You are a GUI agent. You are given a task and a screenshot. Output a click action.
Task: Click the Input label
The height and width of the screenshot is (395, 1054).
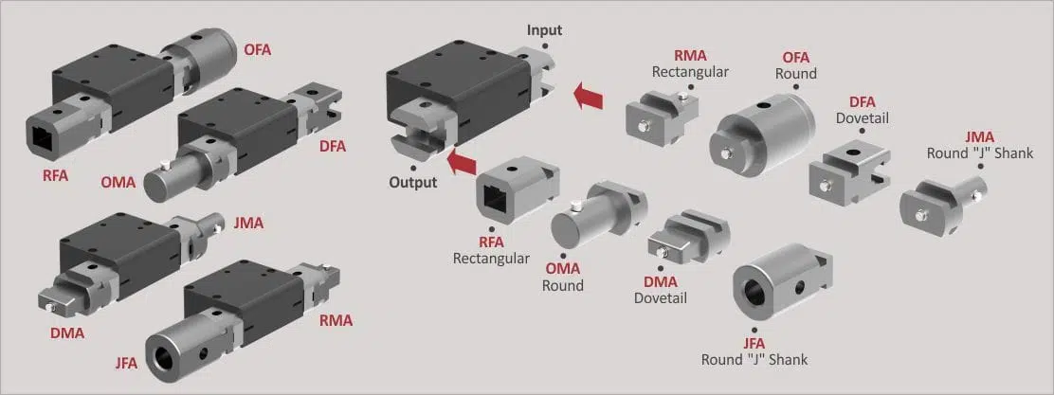[544, 30]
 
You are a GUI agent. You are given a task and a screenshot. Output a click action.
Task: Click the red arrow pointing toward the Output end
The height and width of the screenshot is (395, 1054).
[462, 163]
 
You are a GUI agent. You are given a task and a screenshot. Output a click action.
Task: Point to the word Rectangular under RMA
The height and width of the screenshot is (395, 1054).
[690, 71]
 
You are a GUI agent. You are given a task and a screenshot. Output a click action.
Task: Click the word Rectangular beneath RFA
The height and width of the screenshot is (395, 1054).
[491, 258]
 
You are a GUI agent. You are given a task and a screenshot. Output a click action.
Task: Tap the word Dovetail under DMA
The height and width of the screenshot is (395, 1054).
[661, 297]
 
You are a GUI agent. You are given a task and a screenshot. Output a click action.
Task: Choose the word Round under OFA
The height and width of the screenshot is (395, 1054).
[796, 73]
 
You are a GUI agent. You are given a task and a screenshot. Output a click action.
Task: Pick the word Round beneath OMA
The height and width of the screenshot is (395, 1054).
[563, 285]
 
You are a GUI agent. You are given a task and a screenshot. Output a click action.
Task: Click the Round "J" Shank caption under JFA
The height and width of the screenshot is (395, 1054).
[754, 359]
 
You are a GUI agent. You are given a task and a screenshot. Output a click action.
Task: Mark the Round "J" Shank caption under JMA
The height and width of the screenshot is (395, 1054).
[980, 153]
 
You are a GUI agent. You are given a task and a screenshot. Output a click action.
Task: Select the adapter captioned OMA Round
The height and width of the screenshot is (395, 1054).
[598, 214]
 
